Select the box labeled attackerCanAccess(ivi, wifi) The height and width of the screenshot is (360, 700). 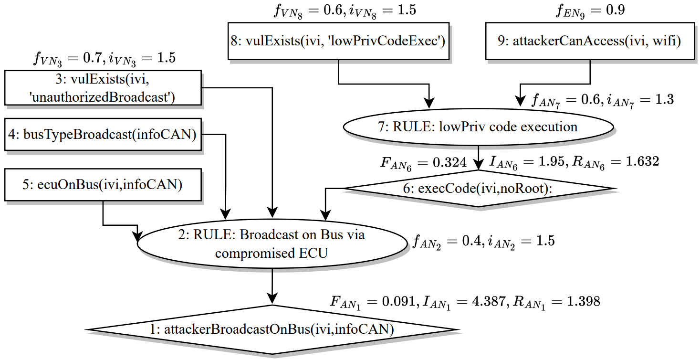590,41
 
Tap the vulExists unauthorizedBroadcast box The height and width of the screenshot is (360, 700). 103,88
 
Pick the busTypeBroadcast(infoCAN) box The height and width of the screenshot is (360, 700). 103,135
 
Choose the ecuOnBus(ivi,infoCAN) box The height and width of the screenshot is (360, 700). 103,184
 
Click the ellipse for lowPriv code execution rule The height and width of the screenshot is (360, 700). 478,127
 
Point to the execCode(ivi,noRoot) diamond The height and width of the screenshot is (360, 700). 478,188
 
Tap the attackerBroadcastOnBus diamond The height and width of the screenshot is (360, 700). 272,329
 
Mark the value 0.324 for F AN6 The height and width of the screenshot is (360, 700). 448,163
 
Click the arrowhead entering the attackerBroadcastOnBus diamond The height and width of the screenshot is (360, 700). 272,300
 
